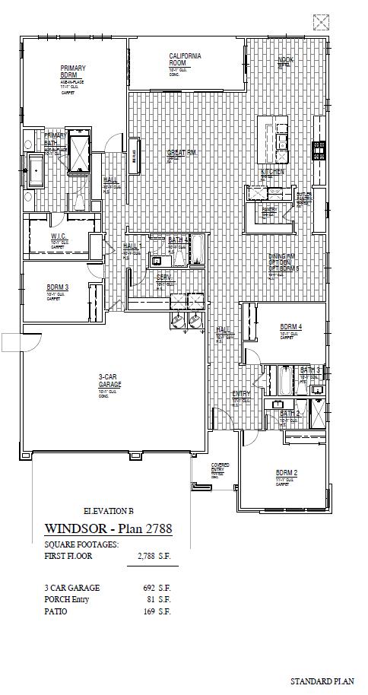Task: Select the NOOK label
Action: (285, 59)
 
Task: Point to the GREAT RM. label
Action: (182, 153)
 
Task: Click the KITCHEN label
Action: (272, 172)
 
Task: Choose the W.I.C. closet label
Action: (59, 236)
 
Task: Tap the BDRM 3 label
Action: (57, 287)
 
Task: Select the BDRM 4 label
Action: (290, 326)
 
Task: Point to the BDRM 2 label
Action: (286, 472)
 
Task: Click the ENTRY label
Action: (241, 393)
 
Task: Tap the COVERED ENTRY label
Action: (220, 466)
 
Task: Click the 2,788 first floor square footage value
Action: (154, 556)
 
